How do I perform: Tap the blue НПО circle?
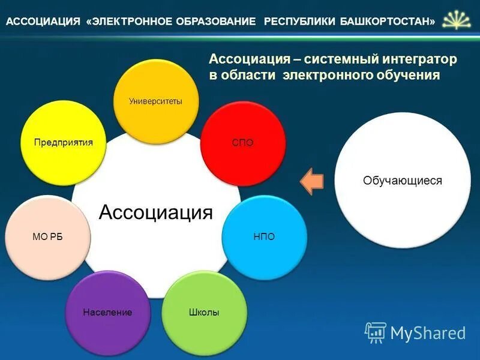(x=264, y=236)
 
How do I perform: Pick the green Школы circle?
(x=204, y=313)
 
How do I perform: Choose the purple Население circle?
(x=107, y=313)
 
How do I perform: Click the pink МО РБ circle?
(x=47, y=236)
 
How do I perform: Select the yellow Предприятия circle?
(x=63, y=143)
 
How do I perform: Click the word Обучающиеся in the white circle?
(x=402, y=180)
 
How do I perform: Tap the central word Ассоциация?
(x=155, y=212)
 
